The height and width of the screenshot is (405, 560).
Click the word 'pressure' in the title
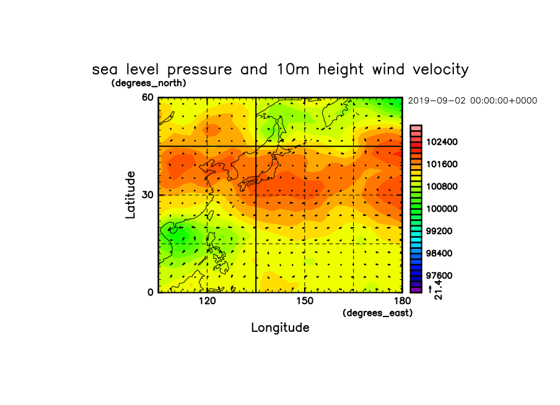(x=199, y=70)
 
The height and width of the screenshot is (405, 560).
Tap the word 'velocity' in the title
(x=440, y=69)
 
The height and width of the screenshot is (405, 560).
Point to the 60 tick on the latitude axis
(x=147, y=97)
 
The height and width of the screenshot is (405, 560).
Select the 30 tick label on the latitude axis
(x=147, y=195)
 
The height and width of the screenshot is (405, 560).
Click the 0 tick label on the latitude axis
(x=151, y=292)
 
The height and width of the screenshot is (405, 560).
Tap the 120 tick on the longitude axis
(x=207, y=301)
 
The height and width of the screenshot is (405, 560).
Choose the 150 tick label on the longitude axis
(x=305, y=301)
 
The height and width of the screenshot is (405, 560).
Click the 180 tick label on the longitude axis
(x=403, y=301)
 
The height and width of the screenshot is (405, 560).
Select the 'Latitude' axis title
(x=130, y=195)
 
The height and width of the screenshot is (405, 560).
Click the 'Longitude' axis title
(x=281, y=328)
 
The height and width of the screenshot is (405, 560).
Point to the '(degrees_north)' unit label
(x=149, y=83)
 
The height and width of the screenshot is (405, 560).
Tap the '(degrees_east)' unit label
(x=377, y=313)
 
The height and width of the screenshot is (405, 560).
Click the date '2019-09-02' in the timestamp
(x=437, y=101)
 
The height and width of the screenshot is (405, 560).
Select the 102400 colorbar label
(x=442, y=142)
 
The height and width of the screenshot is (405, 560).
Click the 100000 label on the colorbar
(x=442, y=209)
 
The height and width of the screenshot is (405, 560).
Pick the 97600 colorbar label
(x=439, y=276)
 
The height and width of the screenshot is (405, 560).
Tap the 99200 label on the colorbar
(x=439, y=231)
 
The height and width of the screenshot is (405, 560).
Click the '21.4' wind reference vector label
(x=439, y=290)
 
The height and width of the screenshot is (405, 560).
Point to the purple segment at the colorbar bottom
(x=416, y=290)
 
